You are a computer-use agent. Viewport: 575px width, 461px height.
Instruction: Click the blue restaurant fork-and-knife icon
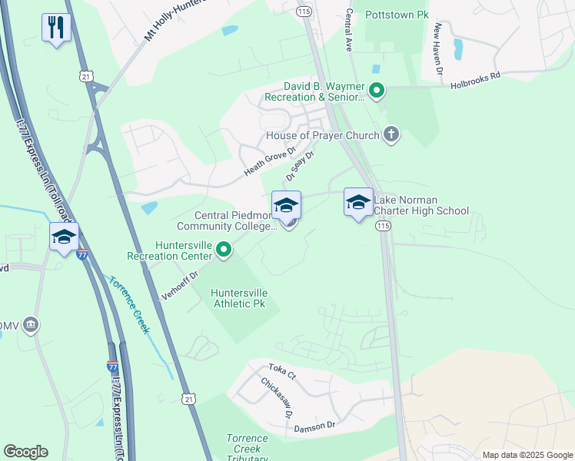pyautogui.click(x=57, y=28)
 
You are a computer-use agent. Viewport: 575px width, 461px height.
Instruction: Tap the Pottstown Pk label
pyautogui.click(x=397, y=15)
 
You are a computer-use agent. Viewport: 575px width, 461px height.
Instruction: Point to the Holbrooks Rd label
pyautogui.click(x=475, y=75)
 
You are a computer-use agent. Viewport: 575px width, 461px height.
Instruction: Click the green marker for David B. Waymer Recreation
pyautogui.click(x=377, y=92)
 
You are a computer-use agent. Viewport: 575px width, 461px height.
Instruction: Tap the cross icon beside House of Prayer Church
pyautogui.click(x=391, y=135)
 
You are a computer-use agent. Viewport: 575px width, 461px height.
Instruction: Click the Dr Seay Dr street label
pyautogui.click(x=301, y=165)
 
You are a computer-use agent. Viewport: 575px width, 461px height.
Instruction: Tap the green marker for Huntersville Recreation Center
pyautogui.click(x=224, y=250)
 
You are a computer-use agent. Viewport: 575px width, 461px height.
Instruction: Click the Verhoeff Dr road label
pyautogui.click(x=179, y=284)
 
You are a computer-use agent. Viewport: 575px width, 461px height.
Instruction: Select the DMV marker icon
pyautogui.click(x=31, y=325)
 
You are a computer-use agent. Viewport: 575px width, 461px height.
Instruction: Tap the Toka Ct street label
pyautogui.click(x=282, y=372)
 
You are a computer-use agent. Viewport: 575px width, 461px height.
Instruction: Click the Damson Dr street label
pyautogui.click(x=315, y=424)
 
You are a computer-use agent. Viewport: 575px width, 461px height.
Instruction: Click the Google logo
pyautogui.click(x=26, y=452)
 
